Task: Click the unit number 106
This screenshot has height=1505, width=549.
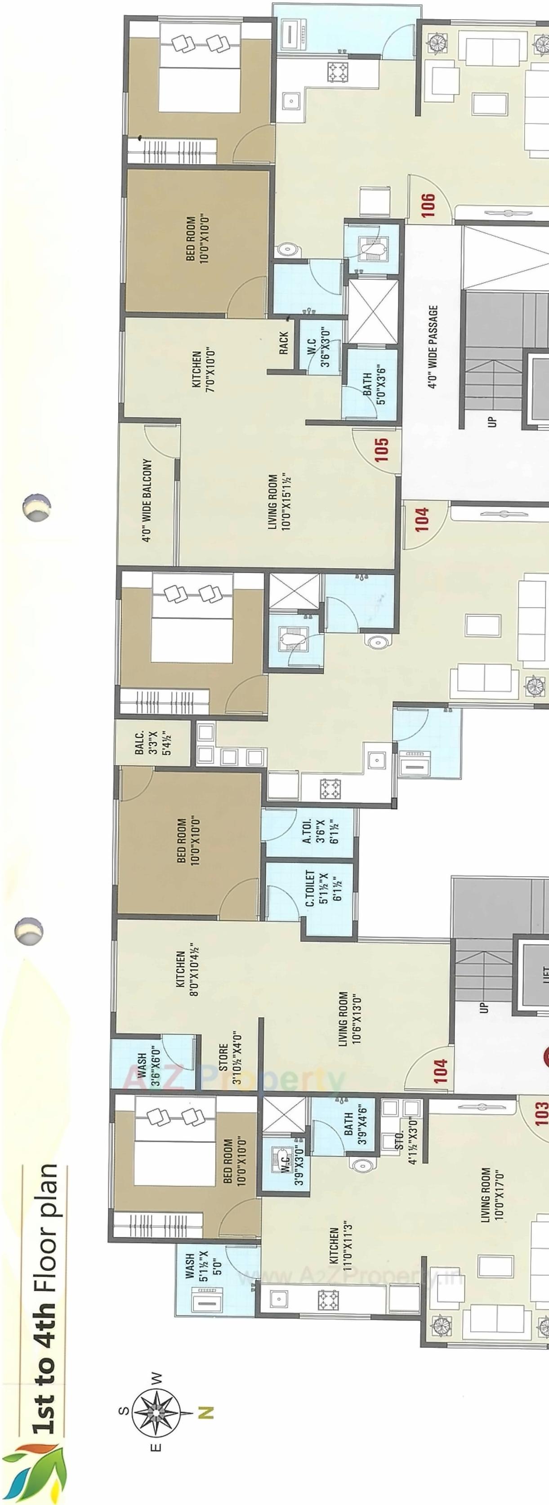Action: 428,205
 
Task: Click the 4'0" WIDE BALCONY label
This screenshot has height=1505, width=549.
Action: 147,501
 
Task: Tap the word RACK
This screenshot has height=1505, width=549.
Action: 284,343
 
